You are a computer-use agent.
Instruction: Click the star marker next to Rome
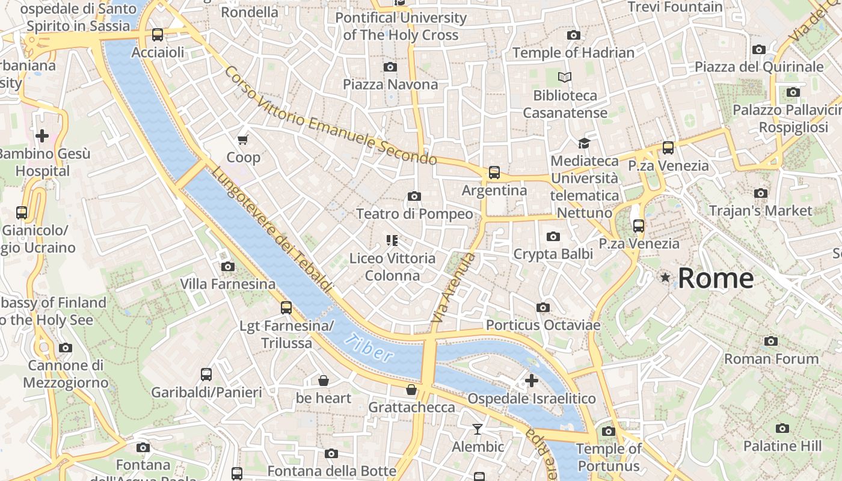click(665, 278)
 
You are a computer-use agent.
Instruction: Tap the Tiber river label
click(369, 347)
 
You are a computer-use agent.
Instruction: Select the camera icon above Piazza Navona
click(390, 67)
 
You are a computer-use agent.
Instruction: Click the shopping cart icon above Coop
click(243, 140)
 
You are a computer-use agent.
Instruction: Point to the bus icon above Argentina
click(494, 173)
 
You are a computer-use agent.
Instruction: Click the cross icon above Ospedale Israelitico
click(532, 381)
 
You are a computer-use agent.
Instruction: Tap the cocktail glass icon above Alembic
click(478, 429)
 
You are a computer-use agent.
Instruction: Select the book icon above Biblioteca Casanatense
click(565, 77)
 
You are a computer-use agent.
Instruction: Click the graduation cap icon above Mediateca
click(584, 143)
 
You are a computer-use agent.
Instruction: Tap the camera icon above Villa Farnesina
click(227, 266)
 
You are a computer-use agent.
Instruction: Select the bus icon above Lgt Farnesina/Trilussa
click(286, 308)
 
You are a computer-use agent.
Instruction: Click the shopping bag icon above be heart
click(324, 381)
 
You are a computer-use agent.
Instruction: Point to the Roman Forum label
click(771, 359)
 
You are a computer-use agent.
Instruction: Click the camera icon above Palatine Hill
click(782, 429)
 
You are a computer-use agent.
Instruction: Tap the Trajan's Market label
click(760, 211)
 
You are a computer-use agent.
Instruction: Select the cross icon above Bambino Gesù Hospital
click(42, 136)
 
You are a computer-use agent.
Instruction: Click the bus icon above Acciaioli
click(158, 35)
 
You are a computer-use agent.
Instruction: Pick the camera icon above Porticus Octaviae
click(543, 308)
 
